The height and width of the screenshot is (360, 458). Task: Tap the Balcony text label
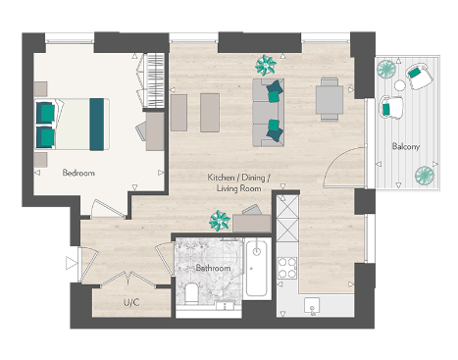406,146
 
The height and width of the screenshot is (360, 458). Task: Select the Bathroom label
213,268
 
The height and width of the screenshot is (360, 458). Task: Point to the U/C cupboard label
129,303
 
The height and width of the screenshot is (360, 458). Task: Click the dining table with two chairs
331,99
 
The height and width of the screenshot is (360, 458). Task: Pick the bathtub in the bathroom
256,269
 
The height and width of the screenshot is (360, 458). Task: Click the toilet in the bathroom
192,293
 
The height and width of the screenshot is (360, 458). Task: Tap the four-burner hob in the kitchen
286,269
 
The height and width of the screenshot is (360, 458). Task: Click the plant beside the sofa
265,66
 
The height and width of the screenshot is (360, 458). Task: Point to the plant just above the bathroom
217,221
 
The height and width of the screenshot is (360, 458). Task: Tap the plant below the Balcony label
424,176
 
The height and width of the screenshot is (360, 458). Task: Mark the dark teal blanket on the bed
97,123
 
